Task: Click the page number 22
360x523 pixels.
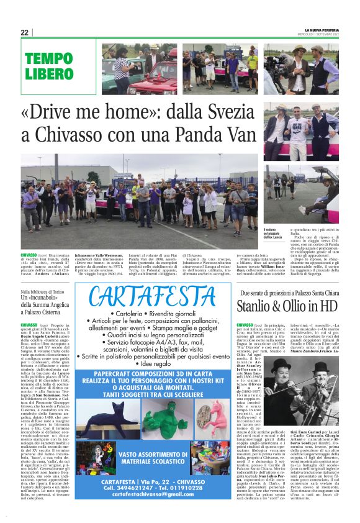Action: pos(24,32)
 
